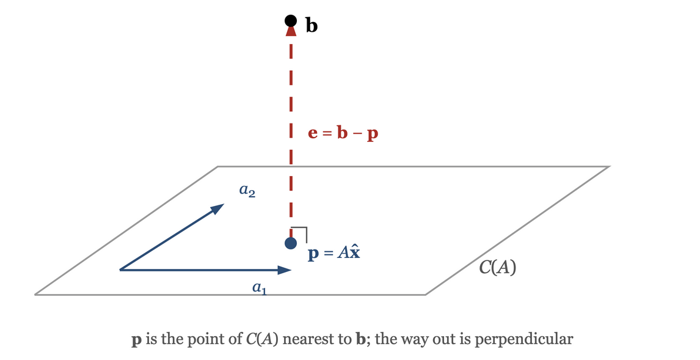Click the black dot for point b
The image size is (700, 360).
click(x=291, y=21)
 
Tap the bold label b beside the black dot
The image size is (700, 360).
click(x=312, y=25)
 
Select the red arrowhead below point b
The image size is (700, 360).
click(x=291, y=31)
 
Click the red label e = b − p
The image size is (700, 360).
click(x=343, y=133)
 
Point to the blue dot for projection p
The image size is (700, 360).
click(x=291, y=243)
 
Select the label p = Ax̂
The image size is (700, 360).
click(x=334, y=253)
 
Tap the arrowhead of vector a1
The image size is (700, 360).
click(x=285, y=270)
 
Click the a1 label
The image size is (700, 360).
click(x=260, y=288)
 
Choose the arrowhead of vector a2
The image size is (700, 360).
click(x=217, y=208)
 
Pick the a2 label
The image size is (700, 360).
click(x=247, y=191)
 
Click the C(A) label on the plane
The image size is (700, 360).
click(x=497, y=268)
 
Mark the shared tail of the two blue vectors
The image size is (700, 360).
click(x=120, y=270)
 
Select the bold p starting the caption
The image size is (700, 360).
click(x=137, y=341)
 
